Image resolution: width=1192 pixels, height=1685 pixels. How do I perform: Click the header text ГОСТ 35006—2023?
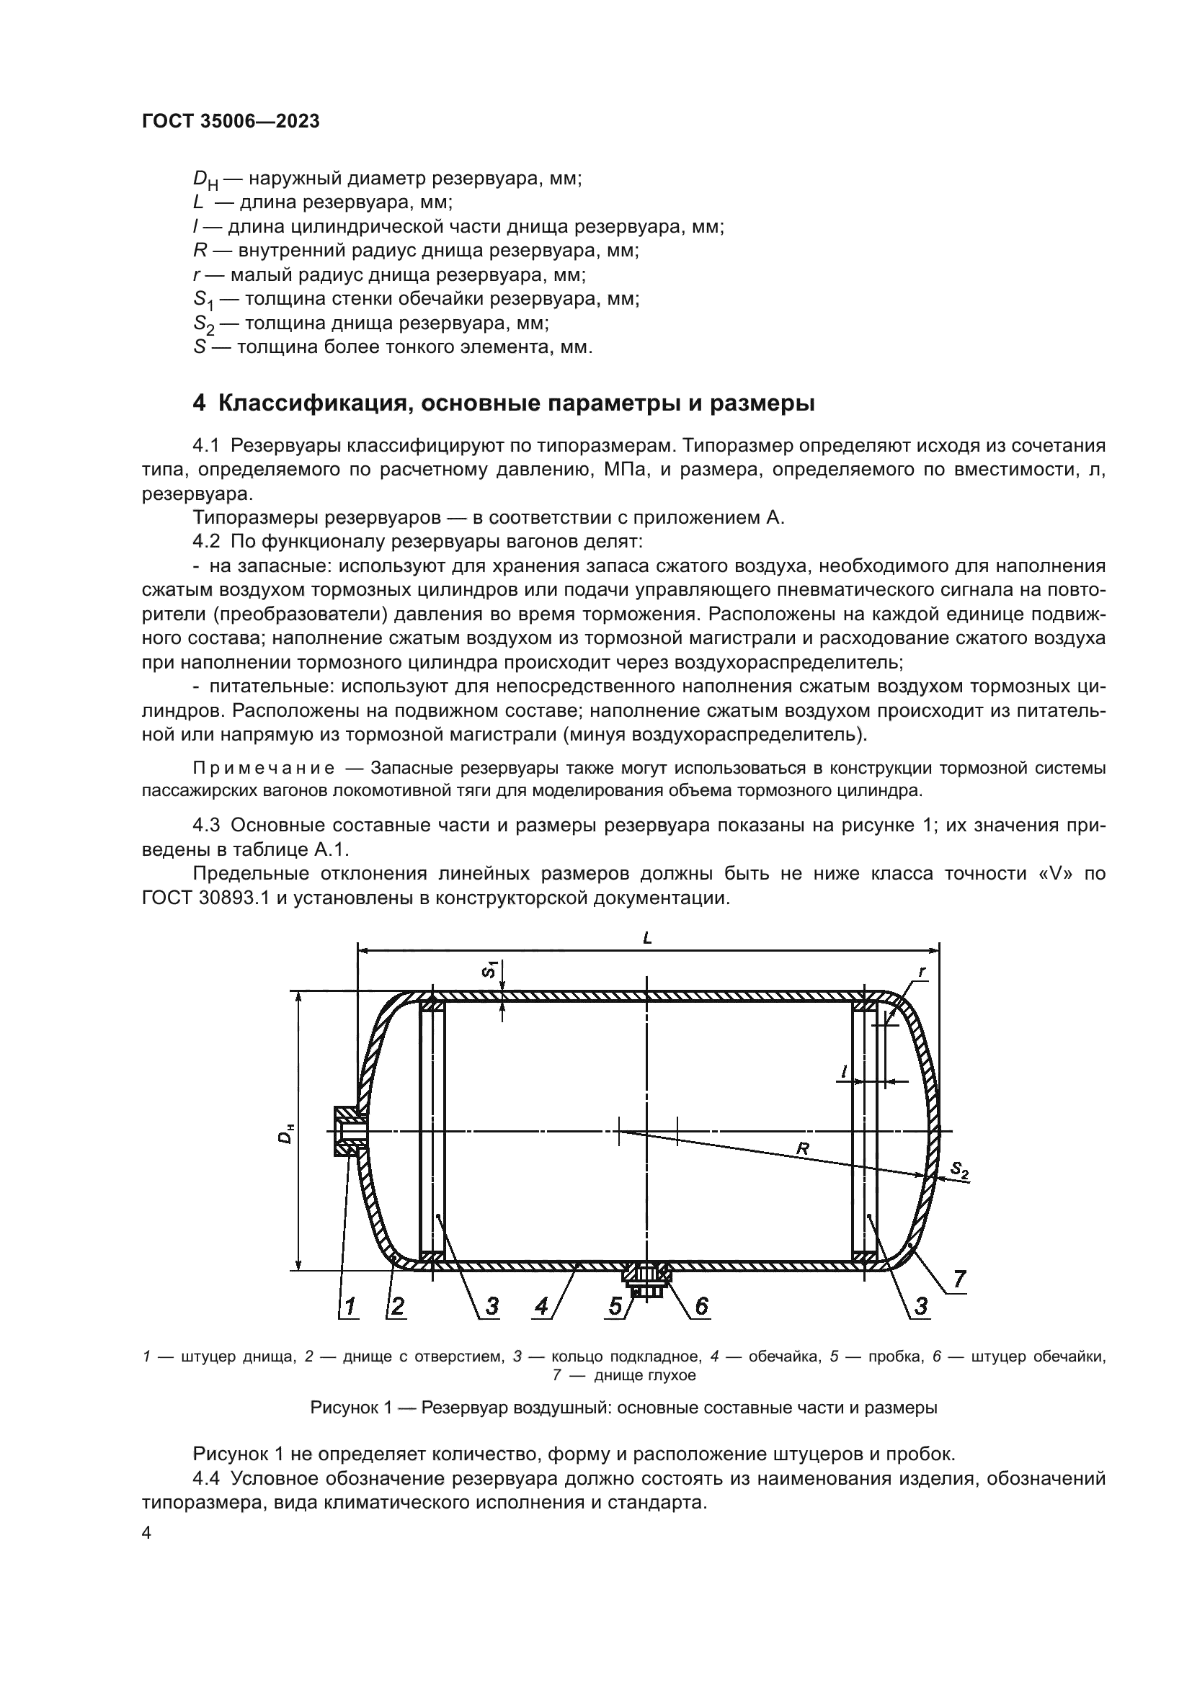click(231, 122)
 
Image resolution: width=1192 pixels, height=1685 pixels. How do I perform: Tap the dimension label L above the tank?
click(647, 939)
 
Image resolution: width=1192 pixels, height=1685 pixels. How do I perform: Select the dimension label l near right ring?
click(844, 1072)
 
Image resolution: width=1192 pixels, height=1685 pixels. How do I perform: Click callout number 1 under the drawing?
click(350, 1305)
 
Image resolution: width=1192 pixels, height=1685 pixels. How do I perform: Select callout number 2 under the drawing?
click(397, 1305)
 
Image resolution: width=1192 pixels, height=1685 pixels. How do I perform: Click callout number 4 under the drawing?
click(542, 1305)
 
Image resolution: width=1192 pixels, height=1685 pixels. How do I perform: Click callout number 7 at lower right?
click(959, 1279)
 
